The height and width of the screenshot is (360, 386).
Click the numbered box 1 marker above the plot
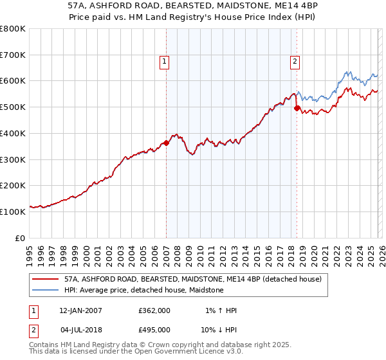[x=164, y=62]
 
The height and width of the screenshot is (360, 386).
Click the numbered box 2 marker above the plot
[x=295, y=62]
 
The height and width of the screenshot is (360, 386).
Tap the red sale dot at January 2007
[x=167, y=143]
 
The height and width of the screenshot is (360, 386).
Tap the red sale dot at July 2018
[x=297, y=108]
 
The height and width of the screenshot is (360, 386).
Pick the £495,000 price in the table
[x=154, y=330]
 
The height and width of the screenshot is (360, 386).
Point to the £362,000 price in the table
[x=154, y=310]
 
